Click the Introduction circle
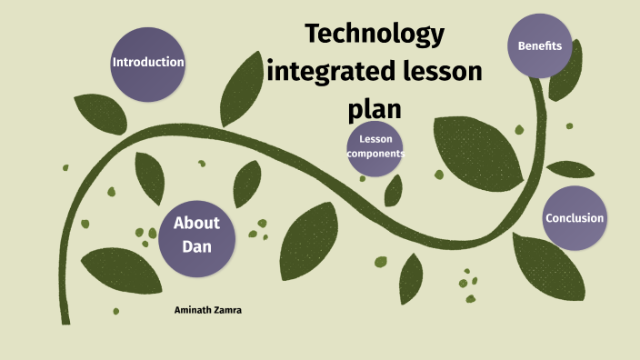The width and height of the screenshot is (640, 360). [x=147, y=64]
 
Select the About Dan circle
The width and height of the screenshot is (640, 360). [x=197, y=234]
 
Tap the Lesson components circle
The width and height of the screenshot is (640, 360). [x=375, y=147]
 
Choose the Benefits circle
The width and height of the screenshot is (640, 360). [x=540, y=45]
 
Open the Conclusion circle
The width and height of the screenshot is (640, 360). [x=575, y=218]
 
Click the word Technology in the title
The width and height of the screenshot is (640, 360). [x=375, y=34]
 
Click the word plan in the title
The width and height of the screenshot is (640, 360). [x=375, y=108]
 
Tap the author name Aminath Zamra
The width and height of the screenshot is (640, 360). [x=207, y=310]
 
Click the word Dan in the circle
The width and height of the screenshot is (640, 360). [x=196, y=245]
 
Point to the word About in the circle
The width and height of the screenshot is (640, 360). [x=197, y=223]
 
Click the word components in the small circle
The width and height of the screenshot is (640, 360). [x=375, y=155]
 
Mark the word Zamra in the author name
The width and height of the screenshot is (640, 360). [x=226, y=310]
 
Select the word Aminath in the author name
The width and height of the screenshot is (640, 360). [x=191, y=310]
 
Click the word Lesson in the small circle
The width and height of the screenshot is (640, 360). [x=375, y=139]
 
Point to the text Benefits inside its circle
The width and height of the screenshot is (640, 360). [x=540, y=45]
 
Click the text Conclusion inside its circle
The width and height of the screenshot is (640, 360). [x=575, y=218]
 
